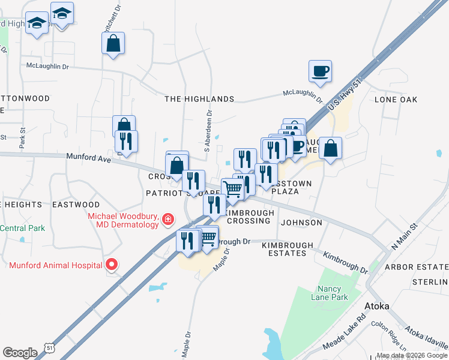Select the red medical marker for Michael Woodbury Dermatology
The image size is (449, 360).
coord(168,221)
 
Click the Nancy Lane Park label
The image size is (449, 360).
coord(330,292)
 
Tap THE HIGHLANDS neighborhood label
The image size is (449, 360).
coord(199,98)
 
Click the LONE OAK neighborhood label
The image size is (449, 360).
coord(395,99)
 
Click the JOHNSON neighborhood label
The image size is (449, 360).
coord(301,223)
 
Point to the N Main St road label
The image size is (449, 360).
coord(404,237)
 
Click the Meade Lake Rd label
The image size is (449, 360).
coord(344,334)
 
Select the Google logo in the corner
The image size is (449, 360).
coord(20,353)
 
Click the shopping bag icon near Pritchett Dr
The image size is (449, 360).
coord(113,44)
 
